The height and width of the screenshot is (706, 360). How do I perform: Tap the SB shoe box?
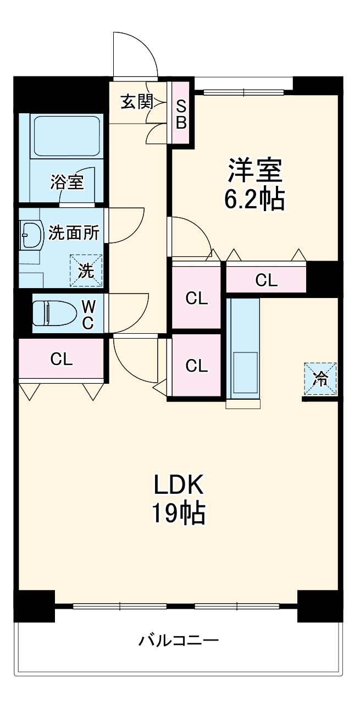(181, 114)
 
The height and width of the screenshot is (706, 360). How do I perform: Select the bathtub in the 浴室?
(66, 136)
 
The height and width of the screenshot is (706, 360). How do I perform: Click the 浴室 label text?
(67, 182)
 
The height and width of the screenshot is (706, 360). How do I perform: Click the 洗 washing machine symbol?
(86, 271)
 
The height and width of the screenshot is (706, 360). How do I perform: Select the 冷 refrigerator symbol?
(320, 378)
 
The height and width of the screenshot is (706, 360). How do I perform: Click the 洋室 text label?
(255, 170)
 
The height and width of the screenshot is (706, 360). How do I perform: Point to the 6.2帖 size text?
(254, 199)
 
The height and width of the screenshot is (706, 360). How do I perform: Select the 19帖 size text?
(179, 514)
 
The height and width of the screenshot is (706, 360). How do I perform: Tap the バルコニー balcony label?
(179, 641)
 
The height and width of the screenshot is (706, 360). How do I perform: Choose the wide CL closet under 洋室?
(267, 280)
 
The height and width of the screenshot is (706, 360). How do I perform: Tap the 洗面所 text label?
(74, 233)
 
